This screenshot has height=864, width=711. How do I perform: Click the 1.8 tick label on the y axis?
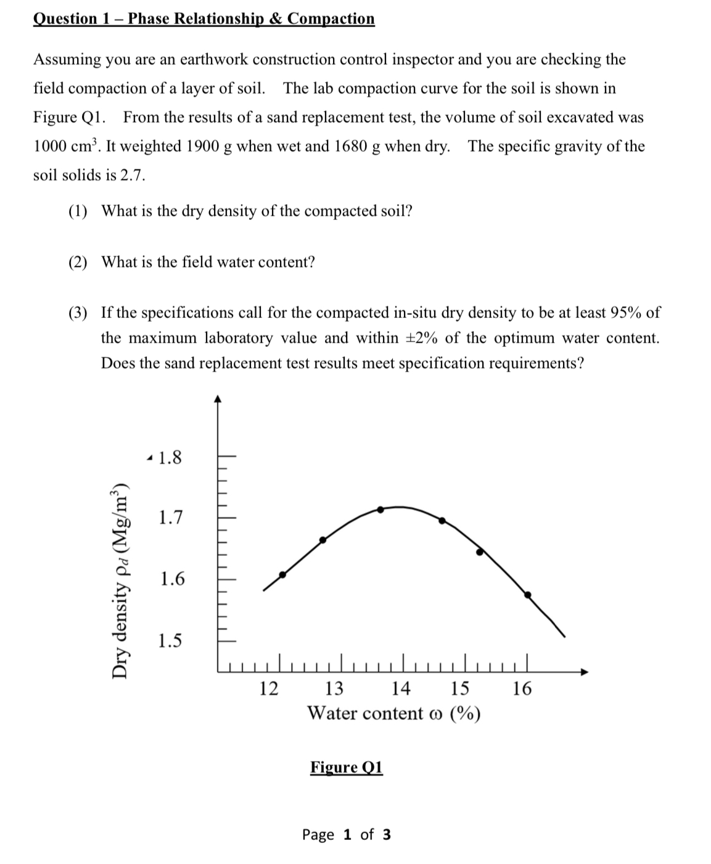pyautogui.click(x=170, y=458)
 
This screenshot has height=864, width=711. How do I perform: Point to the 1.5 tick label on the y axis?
pyautogui.click(x=170, y=641)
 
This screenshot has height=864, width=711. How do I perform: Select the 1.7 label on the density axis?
pyautogui.click(x=170, y=518)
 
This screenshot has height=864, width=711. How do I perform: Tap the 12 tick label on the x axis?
pyautogui.click(x=268, y=688)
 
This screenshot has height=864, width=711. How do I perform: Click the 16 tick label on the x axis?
pyautogui.click(x=522, y=688)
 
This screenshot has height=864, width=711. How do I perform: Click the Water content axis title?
pyautogui.click(x=393, y=713)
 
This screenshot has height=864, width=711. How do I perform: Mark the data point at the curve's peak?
pyautogui.click(x=380, y=510)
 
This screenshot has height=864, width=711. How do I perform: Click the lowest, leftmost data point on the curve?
pyautogui.click(x=282, y=575)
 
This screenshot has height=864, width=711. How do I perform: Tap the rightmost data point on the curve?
pyautogui.click(x=527, y=595)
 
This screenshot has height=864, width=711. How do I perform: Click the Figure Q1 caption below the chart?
pyautogui.click(x=346, y=767)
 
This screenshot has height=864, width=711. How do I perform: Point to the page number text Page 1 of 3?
pyautogui.click(x=346, y=834)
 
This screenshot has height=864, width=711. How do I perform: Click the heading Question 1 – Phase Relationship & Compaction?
pyautogui.click(x=203, y=18)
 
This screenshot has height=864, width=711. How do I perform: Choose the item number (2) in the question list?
pyautogui.click(x=78, y=263)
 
